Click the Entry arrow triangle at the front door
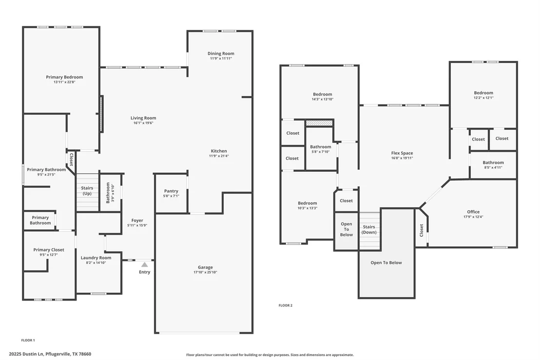[145, 264]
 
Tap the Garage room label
[205, 267]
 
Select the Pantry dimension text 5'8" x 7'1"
[171, 196]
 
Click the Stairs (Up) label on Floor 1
[87, 191]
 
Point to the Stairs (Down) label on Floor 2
[369, 230]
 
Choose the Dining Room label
[221, 54]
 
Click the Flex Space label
[402, 153]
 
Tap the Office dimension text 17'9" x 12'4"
[473, 217]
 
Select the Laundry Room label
[96, 258]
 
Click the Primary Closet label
[49, 250]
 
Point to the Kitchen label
[219, 151]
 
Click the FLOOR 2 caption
[286, 305]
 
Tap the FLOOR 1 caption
[28, 340]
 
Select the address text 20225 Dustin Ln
[26, 354]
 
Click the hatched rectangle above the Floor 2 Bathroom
[319, 123]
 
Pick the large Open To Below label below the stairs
[386, 263]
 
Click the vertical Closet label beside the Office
[421, 230]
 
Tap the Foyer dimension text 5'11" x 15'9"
[137, 225]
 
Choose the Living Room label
[143, 118]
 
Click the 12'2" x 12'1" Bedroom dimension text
[483, 98]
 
